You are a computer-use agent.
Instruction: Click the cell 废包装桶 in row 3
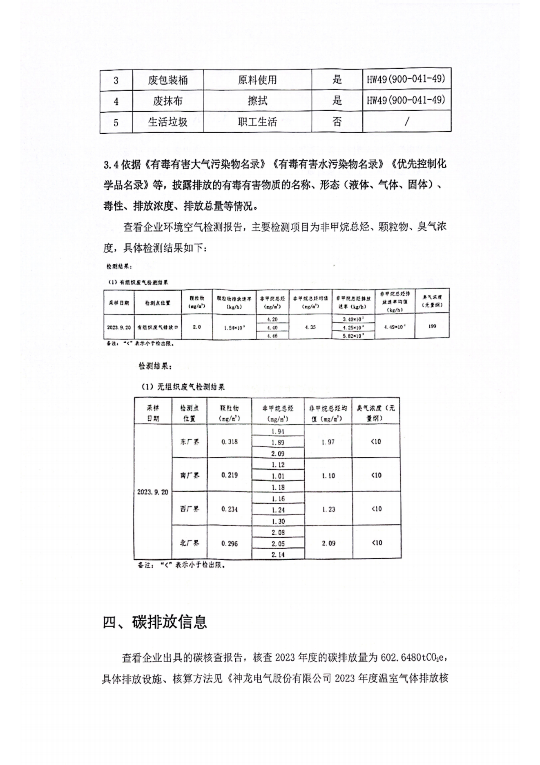pos(167,80)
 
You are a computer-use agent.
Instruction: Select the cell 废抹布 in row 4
pos(167,101)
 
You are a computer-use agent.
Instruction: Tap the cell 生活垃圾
pos(167,122)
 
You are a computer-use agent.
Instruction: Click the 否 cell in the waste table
pos(337,122)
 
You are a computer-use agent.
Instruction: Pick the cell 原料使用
pos(257,80)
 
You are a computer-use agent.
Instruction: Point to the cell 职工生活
pos(257,122)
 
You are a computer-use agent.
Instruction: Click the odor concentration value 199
pos(432,326)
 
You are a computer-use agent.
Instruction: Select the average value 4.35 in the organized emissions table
pos(310,327)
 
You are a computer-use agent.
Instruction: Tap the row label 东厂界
pos(190,442)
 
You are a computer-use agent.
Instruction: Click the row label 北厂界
pos(190,543)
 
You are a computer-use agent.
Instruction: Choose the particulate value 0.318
pos(230,442)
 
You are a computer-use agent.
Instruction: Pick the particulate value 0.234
pos(230,509)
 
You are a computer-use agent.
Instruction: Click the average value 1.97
pos(328,442)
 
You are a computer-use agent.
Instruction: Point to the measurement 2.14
pos(278,554)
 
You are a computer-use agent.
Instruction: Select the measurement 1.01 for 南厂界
pos(278,476)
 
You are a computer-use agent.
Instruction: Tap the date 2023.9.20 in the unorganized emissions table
pos(152,492)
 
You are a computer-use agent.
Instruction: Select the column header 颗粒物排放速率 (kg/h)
pos(234,303)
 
